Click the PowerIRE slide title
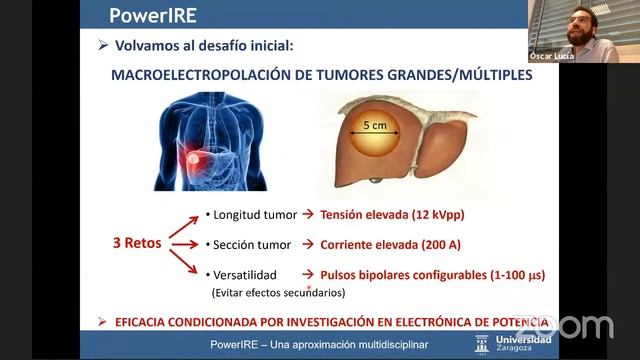[x=150, y=15]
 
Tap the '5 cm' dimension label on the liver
[x=375, y=125]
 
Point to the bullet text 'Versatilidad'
[x=242, y=274]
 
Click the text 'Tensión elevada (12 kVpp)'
[x=392, y=214]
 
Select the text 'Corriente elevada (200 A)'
[x=389, y=244]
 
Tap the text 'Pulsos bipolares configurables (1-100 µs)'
[x=432, y=274]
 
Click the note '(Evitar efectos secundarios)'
[x=277, y=293]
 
